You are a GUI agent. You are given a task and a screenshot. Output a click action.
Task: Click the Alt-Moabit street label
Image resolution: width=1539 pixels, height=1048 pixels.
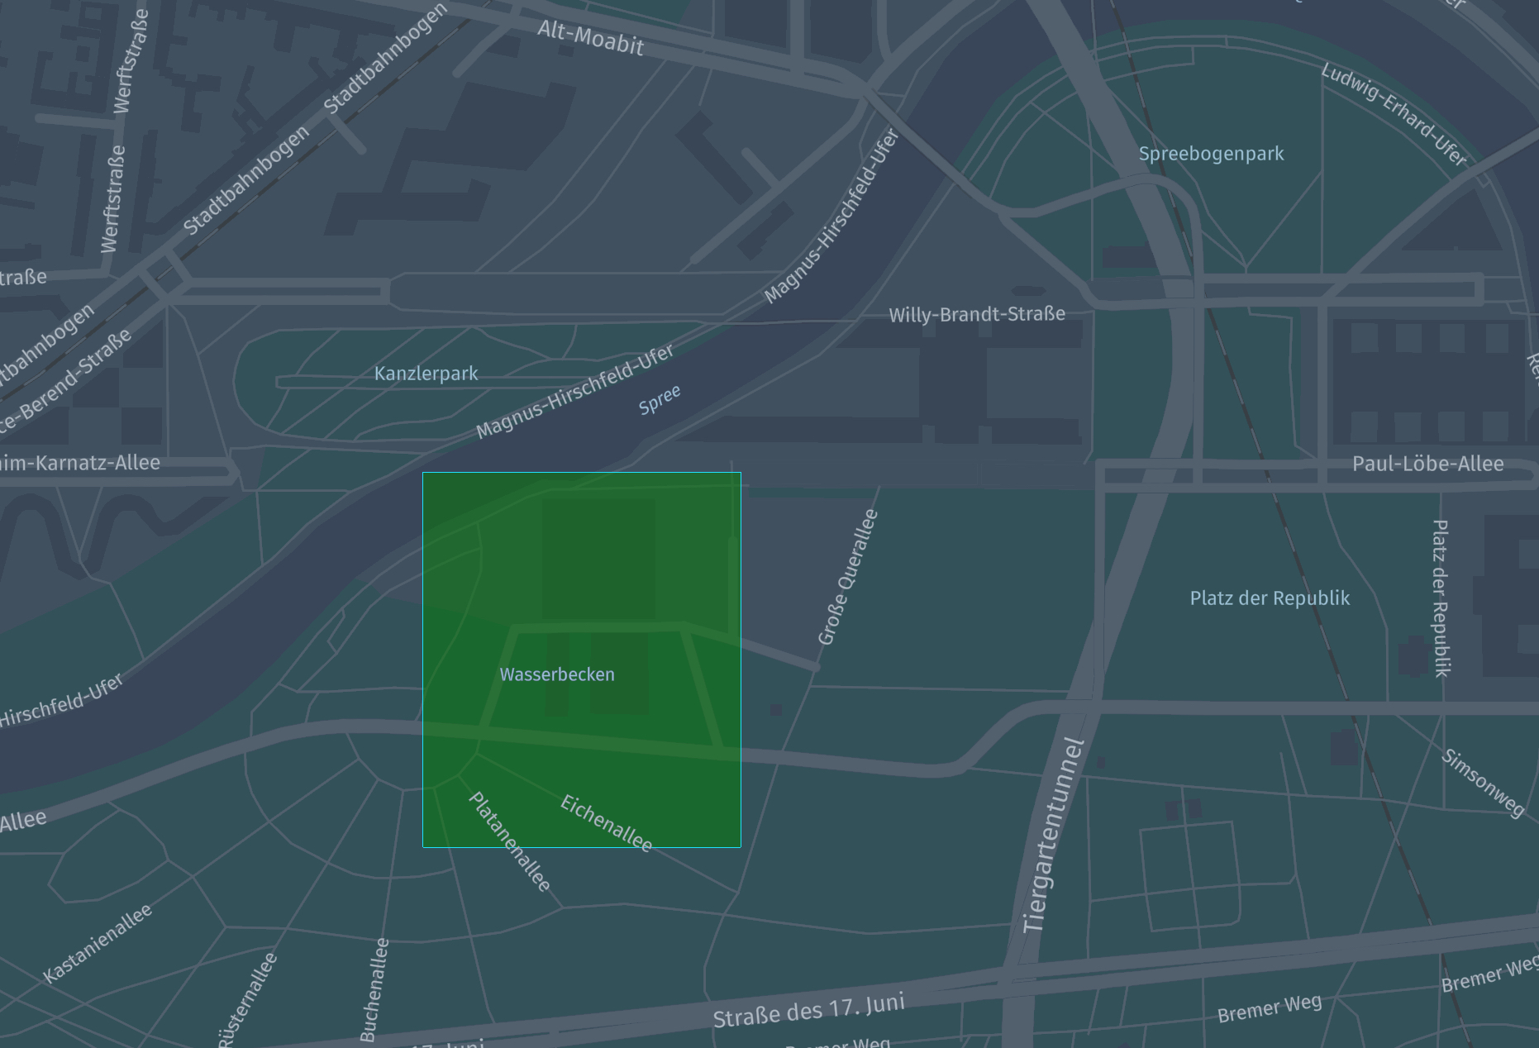click(x=590, y=38)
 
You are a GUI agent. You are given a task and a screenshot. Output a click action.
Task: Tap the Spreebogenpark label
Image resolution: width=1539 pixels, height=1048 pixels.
click(x=1211, y=154)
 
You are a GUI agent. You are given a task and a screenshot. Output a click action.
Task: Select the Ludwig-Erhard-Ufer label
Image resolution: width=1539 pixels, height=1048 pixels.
click(x=1393, y=114)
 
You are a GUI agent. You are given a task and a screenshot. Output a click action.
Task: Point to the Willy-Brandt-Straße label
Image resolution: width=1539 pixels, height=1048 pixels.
click(x=976, y=314)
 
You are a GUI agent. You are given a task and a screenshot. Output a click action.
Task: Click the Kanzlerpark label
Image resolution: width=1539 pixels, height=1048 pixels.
click(x=426, y=374)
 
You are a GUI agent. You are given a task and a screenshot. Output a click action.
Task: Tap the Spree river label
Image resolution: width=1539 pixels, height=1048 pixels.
click(x=660, y=399)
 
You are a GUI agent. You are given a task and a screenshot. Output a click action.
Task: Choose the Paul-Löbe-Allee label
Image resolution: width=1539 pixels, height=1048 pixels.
click(x=1427, y=464)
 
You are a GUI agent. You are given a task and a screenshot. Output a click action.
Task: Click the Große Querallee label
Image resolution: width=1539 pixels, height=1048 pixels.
click(x=847, y=577)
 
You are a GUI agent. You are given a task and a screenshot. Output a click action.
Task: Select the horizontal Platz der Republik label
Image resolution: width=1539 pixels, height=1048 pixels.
click(x=1270, y=598)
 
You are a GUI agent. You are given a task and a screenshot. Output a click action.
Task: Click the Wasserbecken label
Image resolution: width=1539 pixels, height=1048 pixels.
click(x=557, y=674)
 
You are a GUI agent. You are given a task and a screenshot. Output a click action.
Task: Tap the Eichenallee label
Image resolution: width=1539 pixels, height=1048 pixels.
click(x=607, y=822)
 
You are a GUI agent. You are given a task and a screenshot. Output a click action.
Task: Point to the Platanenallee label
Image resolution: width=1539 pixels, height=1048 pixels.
click(x=509, y=841)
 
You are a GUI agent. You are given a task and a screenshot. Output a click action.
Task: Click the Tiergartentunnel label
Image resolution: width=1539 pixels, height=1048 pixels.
click(x=1052, y=836)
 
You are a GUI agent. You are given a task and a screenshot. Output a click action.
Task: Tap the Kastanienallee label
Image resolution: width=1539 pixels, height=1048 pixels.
click(x=98, y=943)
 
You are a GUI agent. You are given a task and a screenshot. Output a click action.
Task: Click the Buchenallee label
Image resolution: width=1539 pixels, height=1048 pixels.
click(x=374, y=989)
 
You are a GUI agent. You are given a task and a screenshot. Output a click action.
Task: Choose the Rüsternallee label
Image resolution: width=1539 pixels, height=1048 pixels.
click(x=247, y=1000)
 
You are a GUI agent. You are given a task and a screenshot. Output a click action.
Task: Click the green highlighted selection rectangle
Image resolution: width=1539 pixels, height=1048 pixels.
click(x=582, y=579)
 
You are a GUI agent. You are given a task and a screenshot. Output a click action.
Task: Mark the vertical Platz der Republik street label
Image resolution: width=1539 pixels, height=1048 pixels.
click(x=1441, y=598)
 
